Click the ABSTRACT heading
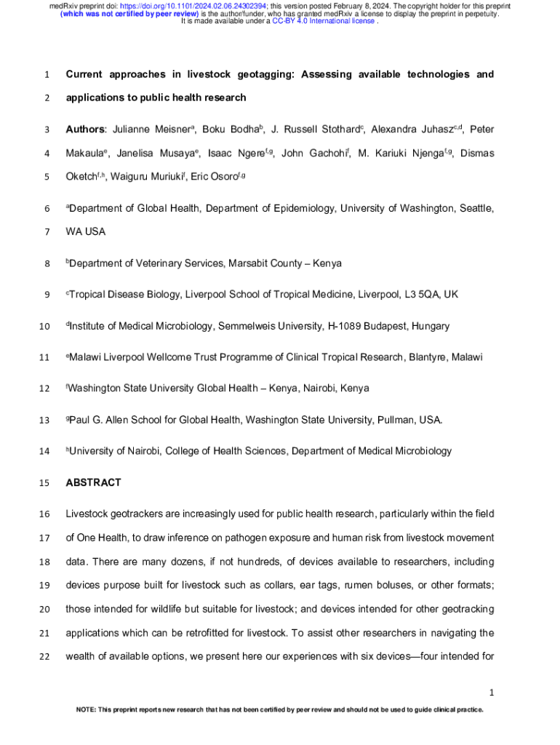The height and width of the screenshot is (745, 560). pos(93,482)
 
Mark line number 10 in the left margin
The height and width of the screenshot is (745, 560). pos(46,327)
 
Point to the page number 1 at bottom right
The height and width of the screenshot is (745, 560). pos(492,691)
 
